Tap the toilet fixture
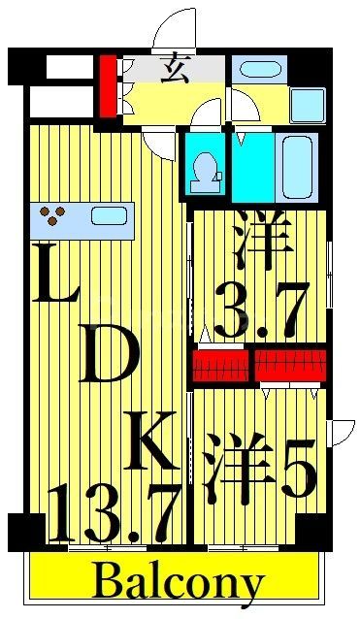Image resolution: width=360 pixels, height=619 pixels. pos(204,168)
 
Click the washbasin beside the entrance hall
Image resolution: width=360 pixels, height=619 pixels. pos(257,69)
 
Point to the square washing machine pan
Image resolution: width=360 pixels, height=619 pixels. pos(307,104)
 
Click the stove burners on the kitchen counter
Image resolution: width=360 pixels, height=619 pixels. pos(52,215)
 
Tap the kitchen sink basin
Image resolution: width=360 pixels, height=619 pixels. pos(109,215)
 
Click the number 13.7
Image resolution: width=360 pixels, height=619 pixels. pos(115,517)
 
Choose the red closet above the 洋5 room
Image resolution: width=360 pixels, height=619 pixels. pos(289,365)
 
